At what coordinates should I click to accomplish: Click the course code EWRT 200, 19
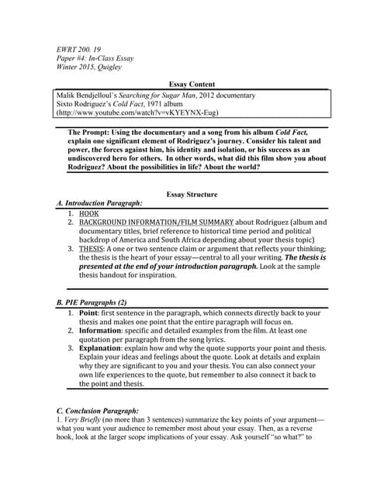(x=79, y=50)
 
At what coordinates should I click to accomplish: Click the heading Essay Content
(x=192, y=84)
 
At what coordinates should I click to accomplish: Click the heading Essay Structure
(x=192, y=194)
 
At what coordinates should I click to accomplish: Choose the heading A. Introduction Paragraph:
(x=99, y=203)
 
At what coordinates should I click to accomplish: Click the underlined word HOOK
(x=90, y=212)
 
